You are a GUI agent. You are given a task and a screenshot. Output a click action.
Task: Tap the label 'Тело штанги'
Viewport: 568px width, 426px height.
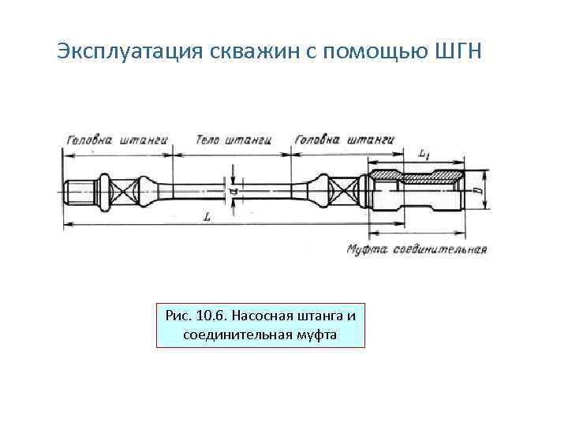tap(233, 139)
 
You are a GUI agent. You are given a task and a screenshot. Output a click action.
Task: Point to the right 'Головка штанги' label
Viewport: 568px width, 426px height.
tap(344, 139)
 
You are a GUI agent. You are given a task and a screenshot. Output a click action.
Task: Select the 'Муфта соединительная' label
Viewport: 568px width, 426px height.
tap(417, 250)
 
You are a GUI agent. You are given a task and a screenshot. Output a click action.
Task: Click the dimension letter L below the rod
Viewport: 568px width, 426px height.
tap(206, 217)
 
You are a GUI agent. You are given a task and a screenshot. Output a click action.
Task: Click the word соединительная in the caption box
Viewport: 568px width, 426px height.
tap(237, 334)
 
